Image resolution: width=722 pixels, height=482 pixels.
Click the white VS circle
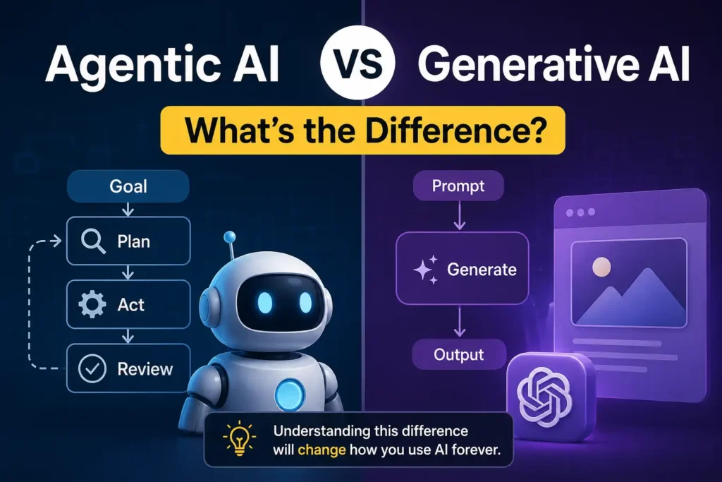coord(357,63)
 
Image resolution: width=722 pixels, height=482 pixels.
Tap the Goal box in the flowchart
coord(128,186)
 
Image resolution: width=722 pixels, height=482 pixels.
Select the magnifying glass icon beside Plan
coord(92,241)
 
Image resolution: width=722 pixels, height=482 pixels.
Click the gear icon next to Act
coord(92,304)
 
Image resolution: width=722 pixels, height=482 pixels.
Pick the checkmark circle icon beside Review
coord(92,368)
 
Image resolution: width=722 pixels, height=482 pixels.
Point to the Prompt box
coord(458,186)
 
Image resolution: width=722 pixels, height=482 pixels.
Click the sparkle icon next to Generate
coord(425,270)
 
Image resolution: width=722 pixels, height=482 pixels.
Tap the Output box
coord(458,354)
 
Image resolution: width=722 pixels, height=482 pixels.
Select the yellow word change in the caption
coord(322,450)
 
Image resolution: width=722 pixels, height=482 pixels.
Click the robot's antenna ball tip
coord(229,237)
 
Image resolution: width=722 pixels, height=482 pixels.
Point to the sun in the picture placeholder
coord(601,267)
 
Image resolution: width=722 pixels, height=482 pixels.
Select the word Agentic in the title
coord(128,66)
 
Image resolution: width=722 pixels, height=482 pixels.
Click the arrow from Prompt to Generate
coord(459,216)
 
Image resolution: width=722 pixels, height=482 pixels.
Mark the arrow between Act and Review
coord(128,336)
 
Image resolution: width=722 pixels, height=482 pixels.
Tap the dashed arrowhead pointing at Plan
coord(57,241)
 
